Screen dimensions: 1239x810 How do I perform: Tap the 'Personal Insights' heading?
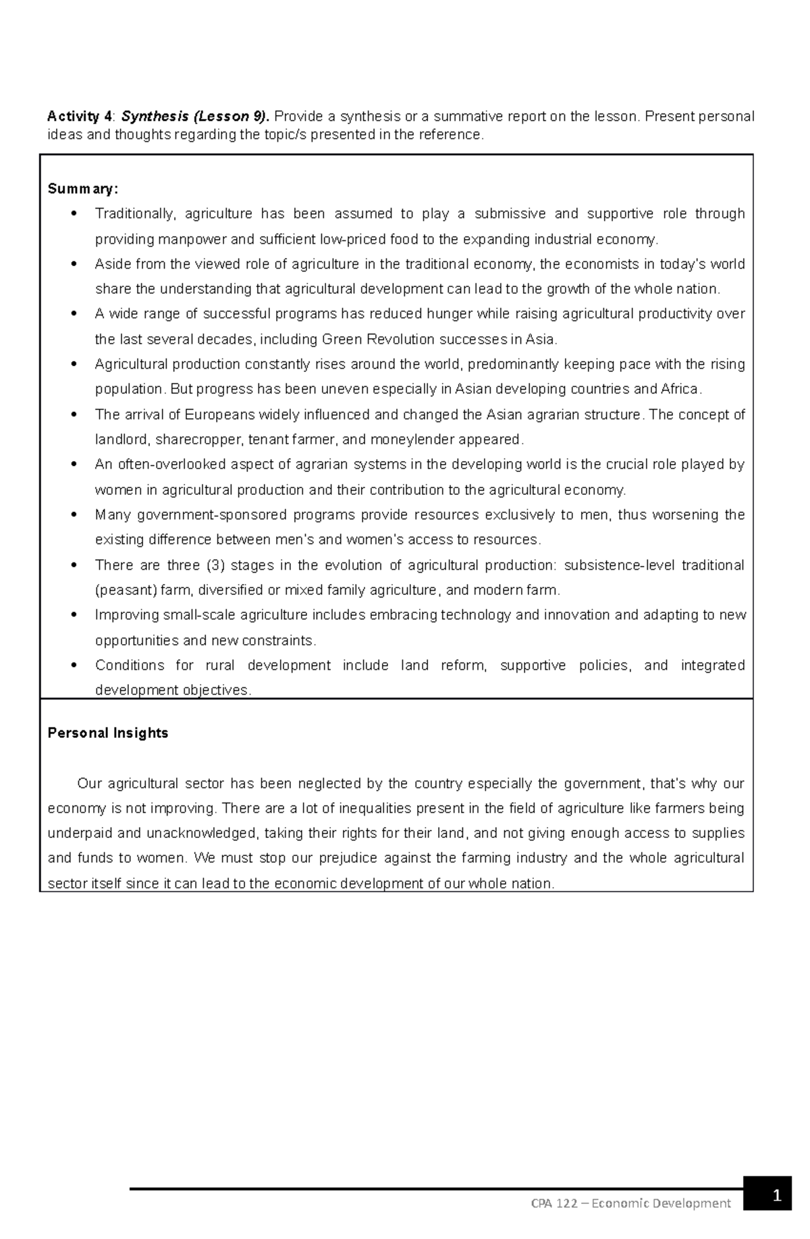point(108,733)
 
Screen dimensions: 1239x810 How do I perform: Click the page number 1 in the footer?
point(777,1196)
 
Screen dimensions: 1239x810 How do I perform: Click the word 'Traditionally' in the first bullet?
point(134,214)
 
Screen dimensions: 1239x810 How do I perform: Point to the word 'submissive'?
point(510,214)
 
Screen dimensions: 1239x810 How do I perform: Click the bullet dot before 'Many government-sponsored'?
point(74,515)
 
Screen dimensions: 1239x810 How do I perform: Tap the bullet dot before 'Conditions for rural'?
point(74,665)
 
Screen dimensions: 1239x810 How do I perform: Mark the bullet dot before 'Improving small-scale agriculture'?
point(74,615)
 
